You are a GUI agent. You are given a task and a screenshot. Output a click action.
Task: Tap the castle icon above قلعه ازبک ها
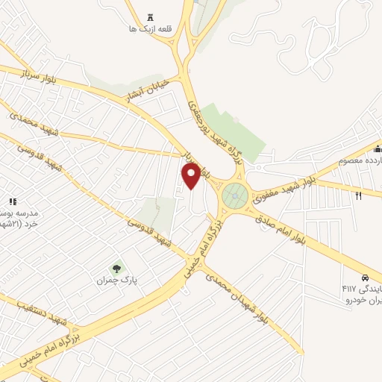pos(152,17)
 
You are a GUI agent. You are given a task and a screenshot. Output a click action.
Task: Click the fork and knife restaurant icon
pos(359,196)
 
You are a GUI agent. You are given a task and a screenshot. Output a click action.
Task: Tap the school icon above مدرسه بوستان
pos(12,201)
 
